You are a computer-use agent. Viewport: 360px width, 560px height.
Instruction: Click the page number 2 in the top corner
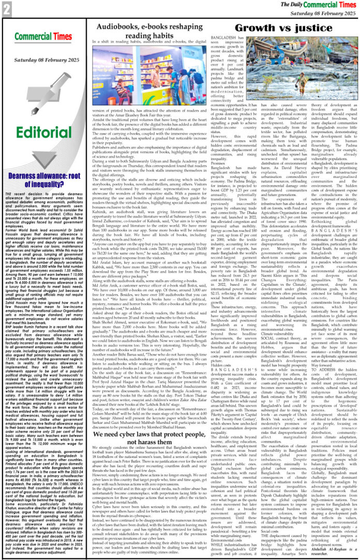pos(6,7)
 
